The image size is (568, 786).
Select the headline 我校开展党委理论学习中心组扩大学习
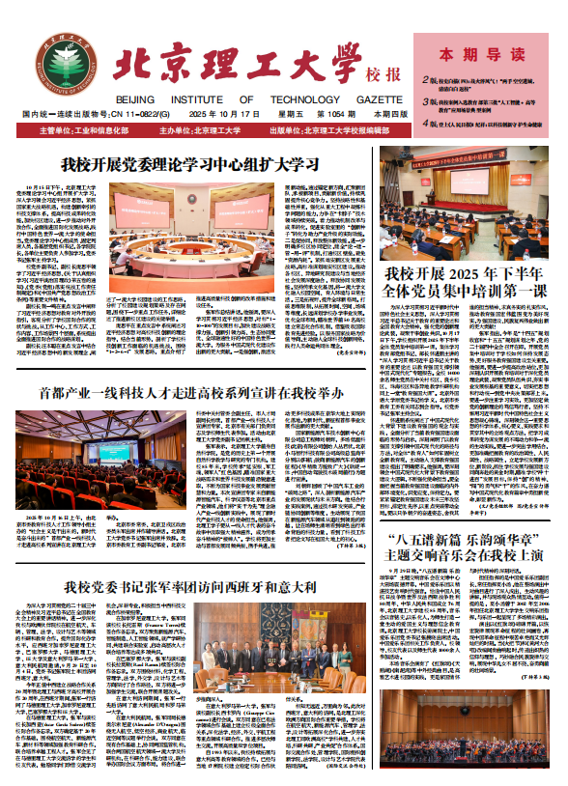point(190,163)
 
